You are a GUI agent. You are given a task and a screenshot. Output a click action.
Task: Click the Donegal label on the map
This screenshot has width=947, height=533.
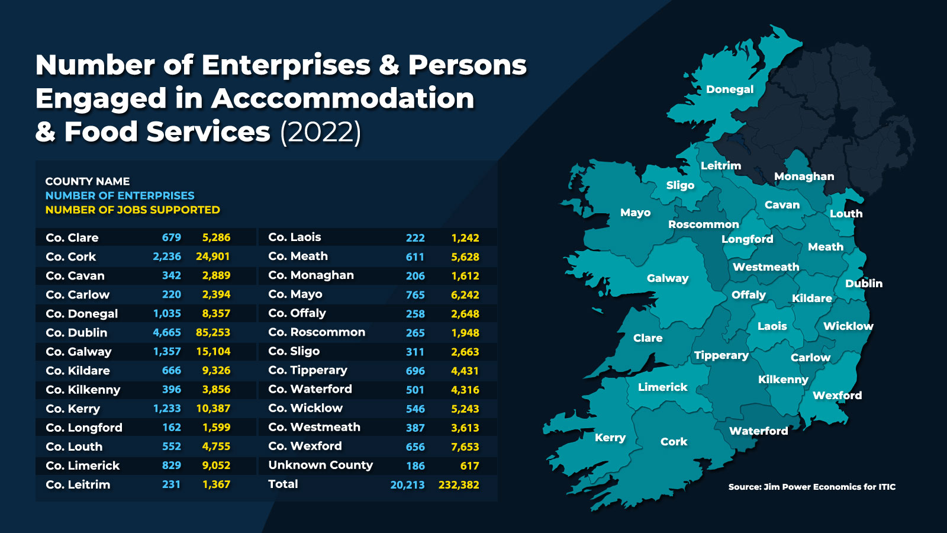[x=729, y=89]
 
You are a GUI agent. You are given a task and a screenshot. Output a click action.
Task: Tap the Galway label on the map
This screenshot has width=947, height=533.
[x=668, y=278]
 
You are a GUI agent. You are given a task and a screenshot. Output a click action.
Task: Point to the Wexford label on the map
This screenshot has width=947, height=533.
[x=837, y=395]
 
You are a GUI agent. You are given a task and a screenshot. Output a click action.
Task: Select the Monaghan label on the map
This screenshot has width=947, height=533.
[x=804, y=176]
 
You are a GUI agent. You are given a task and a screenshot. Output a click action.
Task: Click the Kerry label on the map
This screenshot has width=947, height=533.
[x=610, y=438]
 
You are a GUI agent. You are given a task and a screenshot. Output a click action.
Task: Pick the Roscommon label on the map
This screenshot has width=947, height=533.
[x=703, y=224]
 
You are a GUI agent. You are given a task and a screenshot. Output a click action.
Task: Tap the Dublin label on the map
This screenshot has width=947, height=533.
[x=864, y=284]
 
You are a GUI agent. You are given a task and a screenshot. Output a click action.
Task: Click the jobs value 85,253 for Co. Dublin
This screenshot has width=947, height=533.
[x=213, y=333]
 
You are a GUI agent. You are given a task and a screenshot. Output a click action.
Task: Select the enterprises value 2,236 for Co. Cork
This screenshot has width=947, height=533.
[x=167, y=256]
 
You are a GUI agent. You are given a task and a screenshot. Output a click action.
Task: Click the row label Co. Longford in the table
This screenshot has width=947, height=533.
[x=84, y=428]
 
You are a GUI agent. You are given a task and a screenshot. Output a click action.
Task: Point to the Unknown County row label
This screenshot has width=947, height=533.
[x=320, y=465]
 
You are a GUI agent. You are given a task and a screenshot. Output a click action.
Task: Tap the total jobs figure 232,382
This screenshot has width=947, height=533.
[x=459, y=485]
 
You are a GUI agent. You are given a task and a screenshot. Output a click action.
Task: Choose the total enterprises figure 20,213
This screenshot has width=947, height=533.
[x=407, y=485]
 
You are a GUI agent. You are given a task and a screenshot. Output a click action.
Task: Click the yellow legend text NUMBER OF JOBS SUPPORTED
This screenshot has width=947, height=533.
[x=133, y=210]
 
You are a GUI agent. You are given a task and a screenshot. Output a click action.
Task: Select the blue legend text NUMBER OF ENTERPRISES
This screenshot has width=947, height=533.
[x=120, y=195]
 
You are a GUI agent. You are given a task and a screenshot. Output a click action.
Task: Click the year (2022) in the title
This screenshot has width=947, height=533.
[x=320, y=132]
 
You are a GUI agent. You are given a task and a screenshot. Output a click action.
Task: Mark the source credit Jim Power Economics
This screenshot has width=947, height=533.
[x=811, y=487]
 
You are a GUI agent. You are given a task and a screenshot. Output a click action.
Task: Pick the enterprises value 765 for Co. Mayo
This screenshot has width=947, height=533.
[x=415, y=295]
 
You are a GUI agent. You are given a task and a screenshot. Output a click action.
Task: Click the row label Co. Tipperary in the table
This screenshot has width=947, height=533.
[x=308, y=371]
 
